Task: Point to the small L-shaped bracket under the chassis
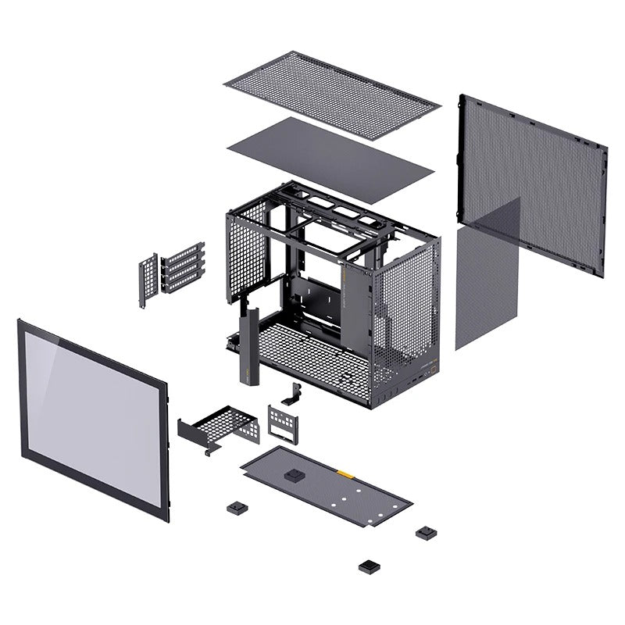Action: tap(295, 395)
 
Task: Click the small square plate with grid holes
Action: tap(283, 422)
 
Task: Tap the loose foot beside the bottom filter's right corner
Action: tap(425, 533)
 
